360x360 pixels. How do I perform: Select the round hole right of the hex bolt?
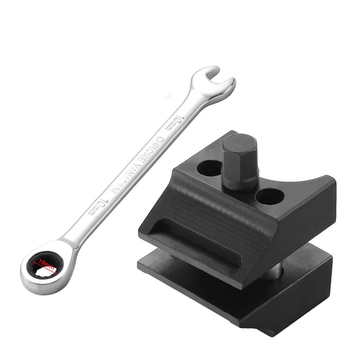click(270, 196)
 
